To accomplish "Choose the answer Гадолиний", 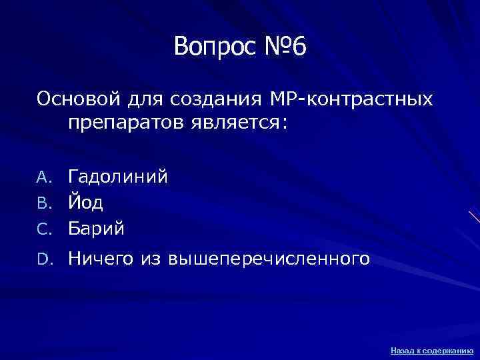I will (x=117, y=177).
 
